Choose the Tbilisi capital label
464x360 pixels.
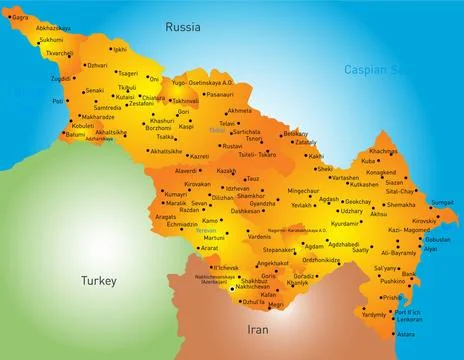pos(217,131)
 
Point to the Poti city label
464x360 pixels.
pos(58,101)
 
